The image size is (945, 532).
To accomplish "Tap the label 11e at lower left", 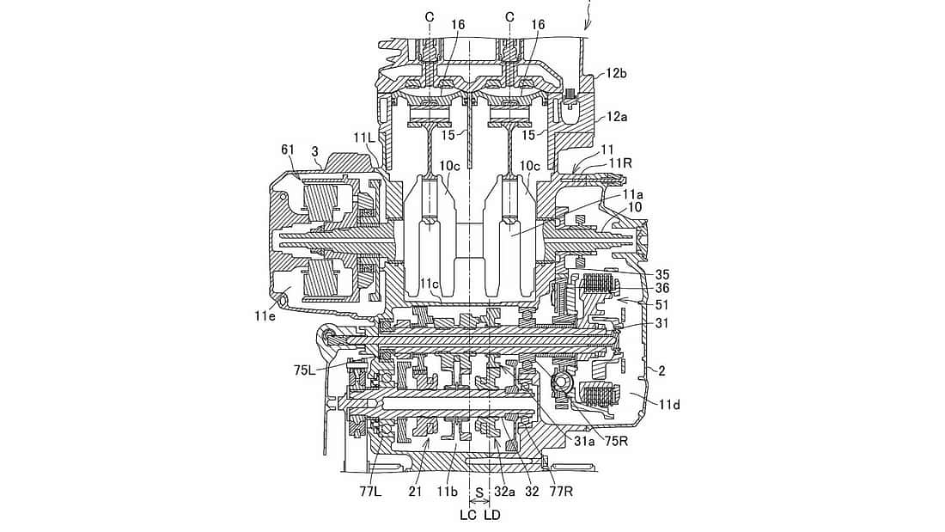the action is point(265,314).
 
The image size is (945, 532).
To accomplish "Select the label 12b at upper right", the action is point(617,74).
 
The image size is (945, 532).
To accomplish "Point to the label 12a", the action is point(617,117).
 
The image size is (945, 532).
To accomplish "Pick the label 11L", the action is point(364,138).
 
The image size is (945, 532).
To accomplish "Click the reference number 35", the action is point(661,275).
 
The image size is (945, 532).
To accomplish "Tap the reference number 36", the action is point(661,289).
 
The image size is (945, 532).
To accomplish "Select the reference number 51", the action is point(661,305).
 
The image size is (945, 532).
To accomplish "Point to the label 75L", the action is point(304,370).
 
